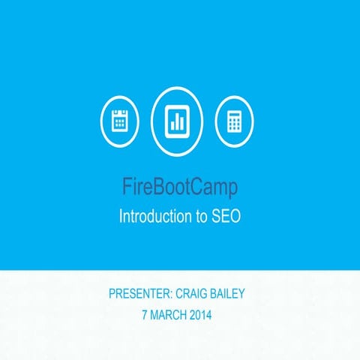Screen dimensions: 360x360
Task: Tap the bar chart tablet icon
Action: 178,120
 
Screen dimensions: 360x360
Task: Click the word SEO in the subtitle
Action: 225,216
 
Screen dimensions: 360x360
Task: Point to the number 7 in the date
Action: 145,315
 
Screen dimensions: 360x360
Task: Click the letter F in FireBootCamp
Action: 127,185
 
